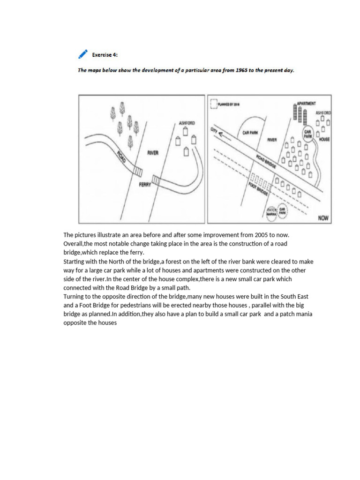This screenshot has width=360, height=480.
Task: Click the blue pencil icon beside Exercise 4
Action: (83, 54)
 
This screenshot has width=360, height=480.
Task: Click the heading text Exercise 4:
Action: (105, 55)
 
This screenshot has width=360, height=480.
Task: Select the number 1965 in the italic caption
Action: (216, 70)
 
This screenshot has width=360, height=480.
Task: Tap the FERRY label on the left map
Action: (145, 185)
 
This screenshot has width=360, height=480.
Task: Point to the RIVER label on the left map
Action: (153, 153)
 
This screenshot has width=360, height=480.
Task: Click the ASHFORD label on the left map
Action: (187, 123)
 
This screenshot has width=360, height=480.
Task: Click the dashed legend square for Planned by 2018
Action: (214, 103)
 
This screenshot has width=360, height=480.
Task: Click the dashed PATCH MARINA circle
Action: (272, 212)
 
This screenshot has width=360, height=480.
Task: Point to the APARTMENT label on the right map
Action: (305, 103)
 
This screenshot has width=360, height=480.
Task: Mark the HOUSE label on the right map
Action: (324, 139)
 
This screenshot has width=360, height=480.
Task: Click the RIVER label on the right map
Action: (272, 140)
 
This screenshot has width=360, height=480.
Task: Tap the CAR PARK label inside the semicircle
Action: (250, 133)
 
